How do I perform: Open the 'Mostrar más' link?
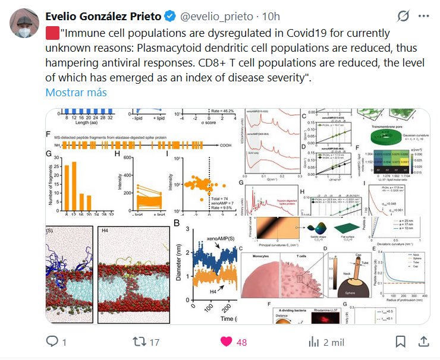tap(76, 92)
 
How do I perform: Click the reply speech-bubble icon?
tap(52, 342)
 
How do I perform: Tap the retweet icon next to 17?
tap(139, 342)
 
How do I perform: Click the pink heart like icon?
tap(226, 342)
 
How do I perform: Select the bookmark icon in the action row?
tap(401, 342)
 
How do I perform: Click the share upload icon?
tap(423, 342)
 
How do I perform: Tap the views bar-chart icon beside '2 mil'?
tap(314, 342)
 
